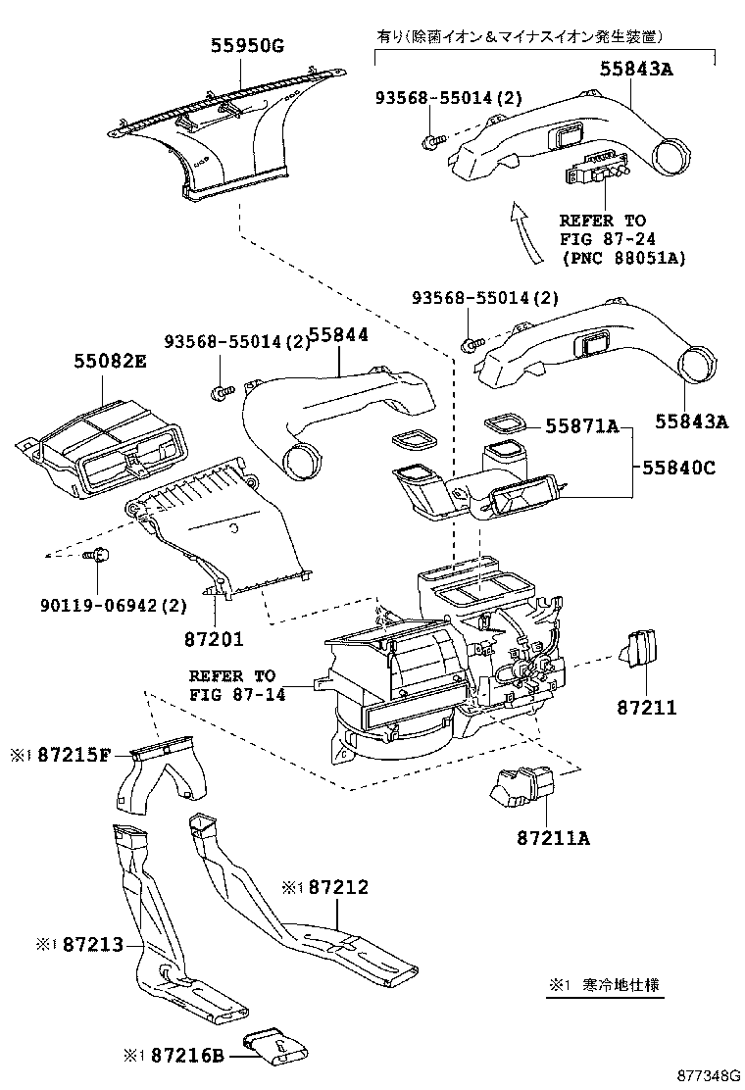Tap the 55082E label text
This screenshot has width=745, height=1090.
pos(109,362)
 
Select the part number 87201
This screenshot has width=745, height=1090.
pos(213,638)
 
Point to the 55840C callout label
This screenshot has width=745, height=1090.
pos(679,468)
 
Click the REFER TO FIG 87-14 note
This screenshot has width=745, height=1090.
pos(232,685)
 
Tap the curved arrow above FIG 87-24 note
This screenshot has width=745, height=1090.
pos(526,231)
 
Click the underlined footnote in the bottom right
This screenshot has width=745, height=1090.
pos(605,985)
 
